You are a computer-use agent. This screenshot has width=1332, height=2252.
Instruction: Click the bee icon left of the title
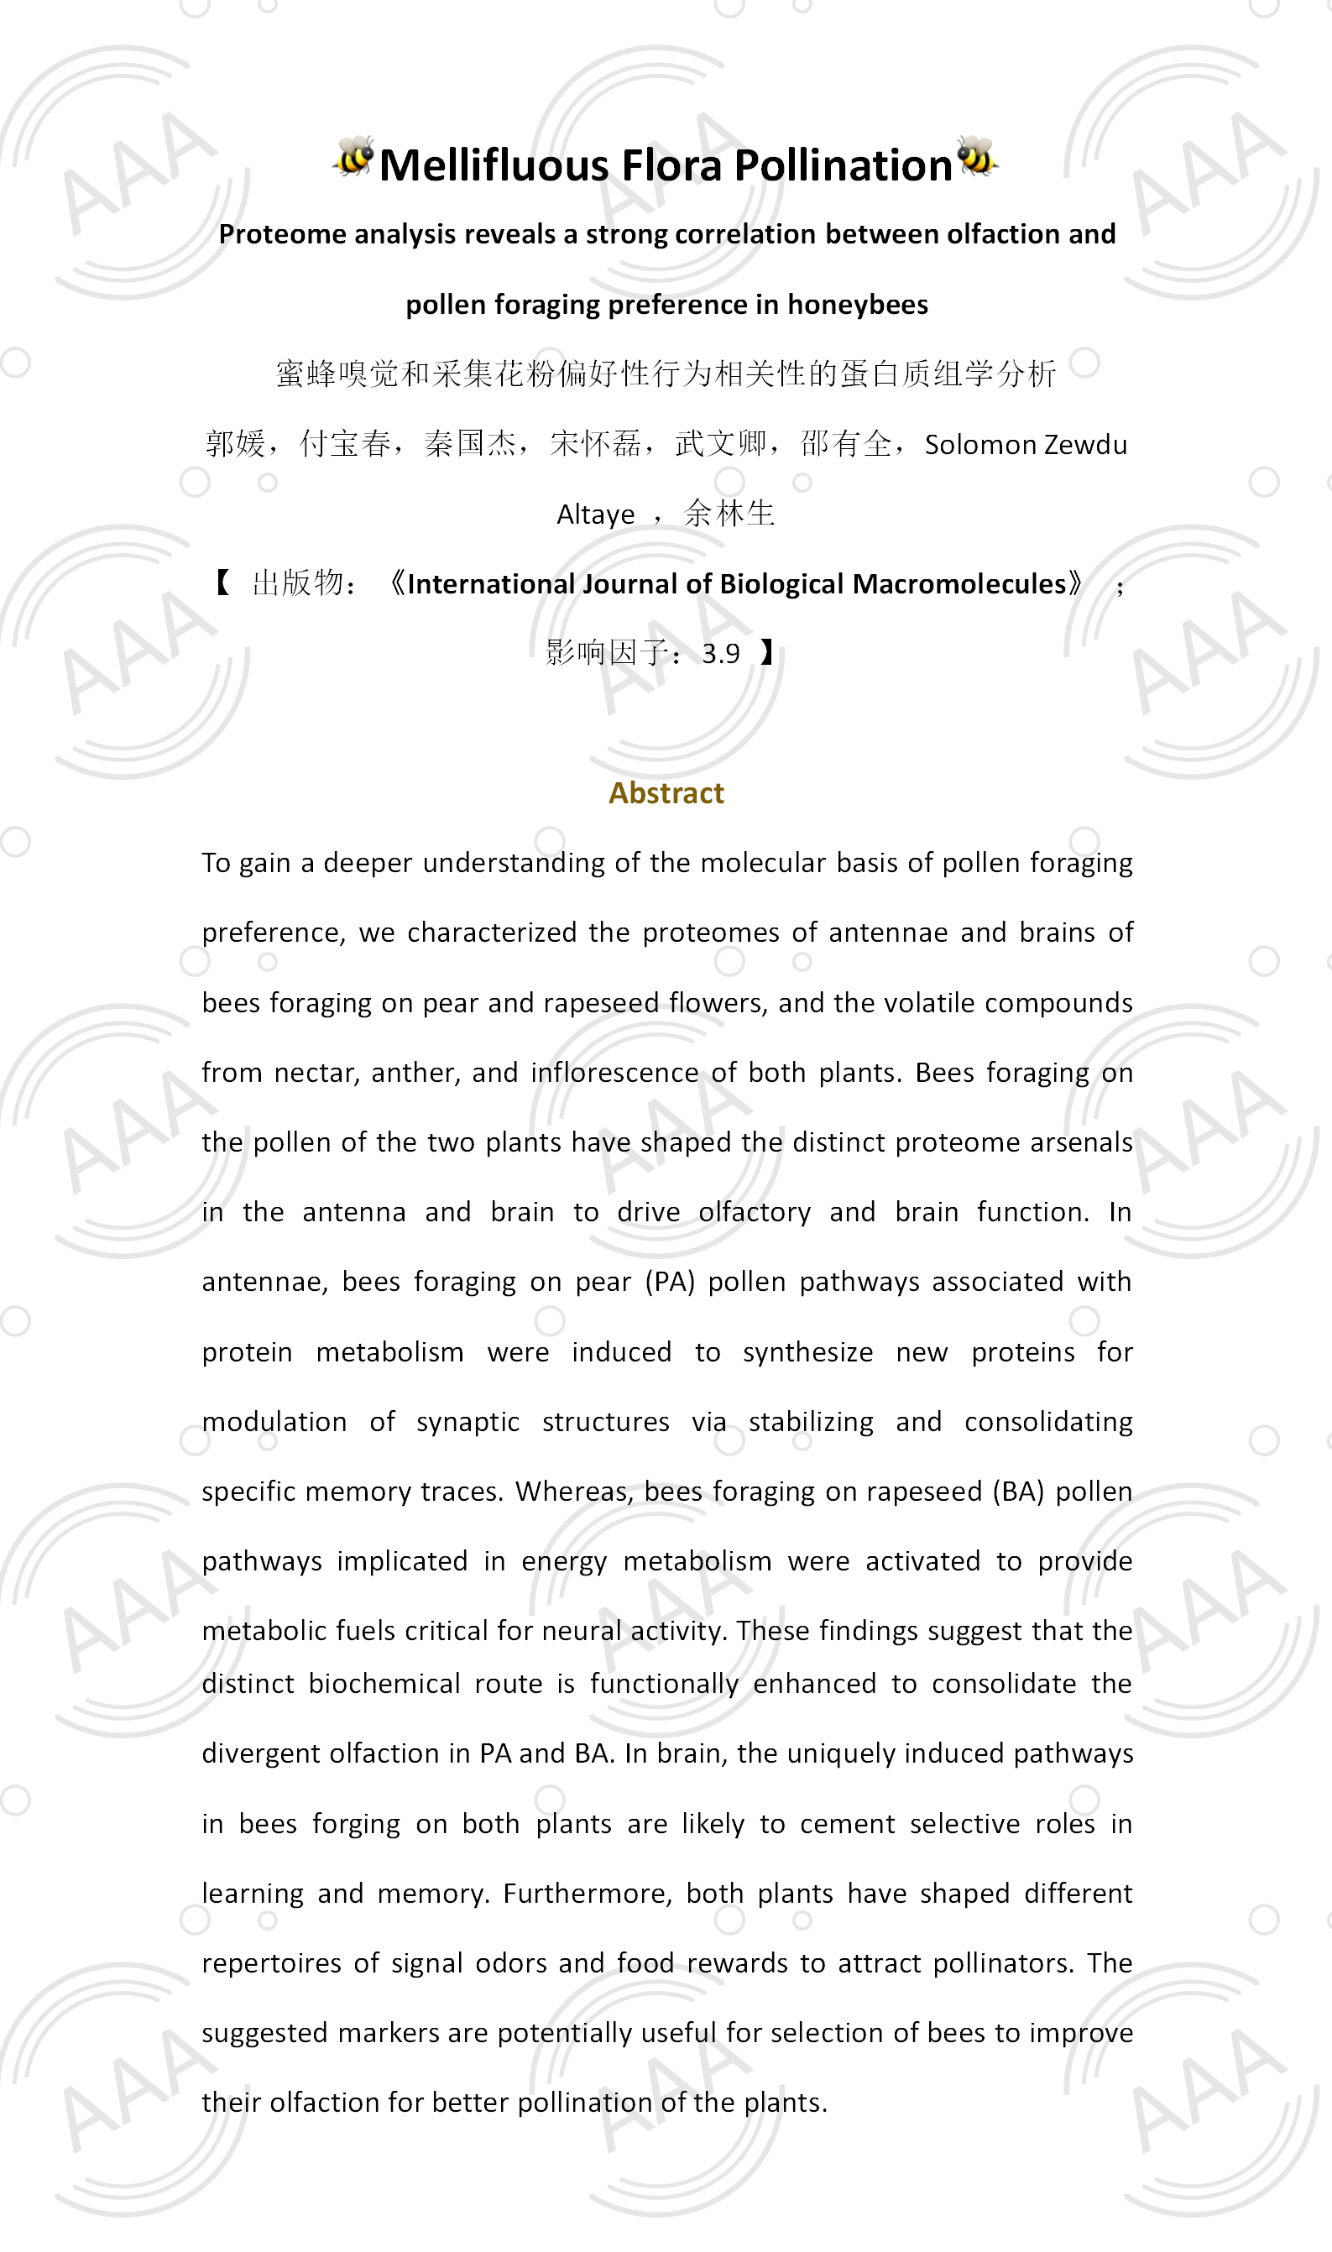(354, 157)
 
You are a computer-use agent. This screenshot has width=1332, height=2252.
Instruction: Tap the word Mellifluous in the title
(494, 166)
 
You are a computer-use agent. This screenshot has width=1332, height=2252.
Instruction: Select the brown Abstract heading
(666, 792)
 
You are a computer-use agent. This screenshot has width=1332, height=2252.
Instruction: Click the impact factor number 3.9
(721, 653)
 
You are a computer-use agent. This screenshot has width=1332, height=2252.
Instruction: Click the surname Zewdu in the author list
(1085, 444)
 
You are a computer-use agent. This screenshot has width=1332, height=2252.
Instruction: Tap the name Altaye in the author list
(595, 515)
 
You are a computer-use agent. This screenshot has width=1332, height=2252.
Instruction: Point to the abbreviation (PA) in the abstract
(670, 1282)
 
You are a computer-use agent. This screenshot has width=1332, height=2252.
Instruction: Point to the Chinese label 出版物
(297, 583)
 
